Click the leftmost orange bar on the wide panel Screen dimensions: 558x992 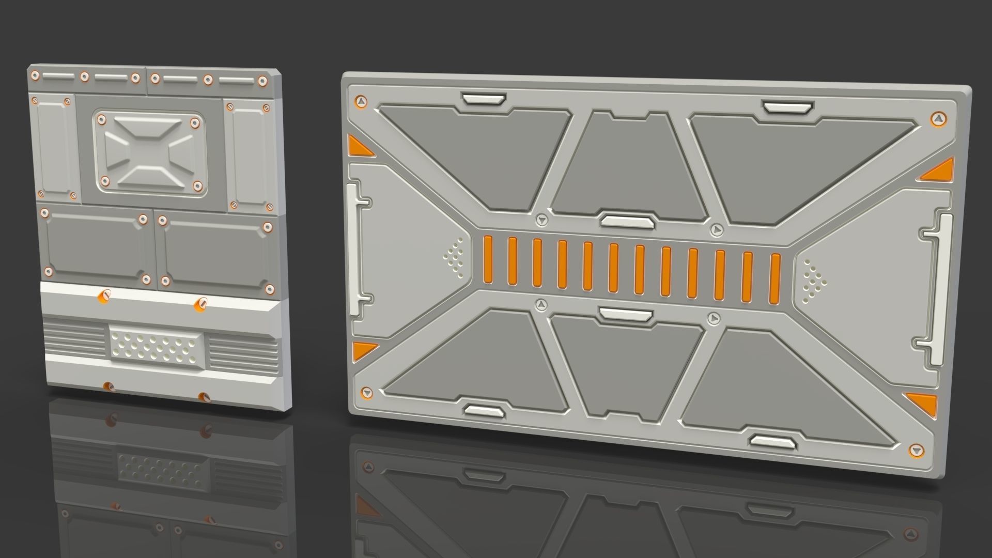(x=487, y=260)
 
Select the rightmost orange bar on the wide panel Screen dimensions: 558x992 (x=774, y=278)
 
